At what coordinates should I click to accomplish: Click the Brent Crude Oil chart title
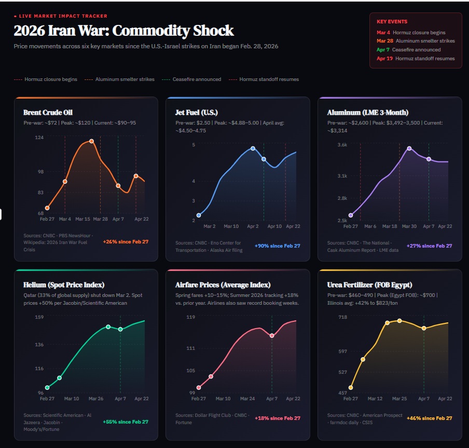tap(48, 112)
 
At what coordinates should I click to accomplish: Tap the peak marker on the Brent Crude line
tap(91, 141)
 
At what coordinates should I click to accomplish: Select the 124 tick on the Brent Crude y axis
tap(39, 137)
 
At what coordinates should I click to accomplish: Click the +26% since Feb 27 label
tap(126, 242)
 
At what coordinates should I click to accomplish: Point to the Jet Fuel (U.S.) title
tap(197, 112)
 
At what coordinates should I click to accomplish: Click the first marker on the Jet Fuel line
tap(199, 215)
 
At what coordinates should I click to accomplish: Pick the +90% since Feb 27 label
tap(278, 246)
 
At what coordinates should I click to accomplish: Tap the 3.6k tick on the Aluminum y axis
tap(342, 145)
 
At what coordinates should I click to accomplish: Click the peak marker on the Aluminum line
tap(409, 148)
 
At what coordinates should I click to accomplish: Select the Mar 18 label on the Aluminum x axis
tap(390, 226)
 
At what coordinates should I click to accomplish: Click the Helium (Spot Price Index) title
tap(64, 284)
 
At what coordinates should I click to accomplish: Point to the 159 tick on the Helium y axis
tap(39, 317)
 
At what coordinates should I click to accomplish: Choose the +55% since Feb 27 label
tap(126, 422)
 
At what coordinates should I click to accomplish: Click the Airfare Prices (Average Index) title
tap(223, 284)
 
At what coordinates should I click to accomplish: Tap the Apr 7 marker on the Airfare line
tap(272, 336)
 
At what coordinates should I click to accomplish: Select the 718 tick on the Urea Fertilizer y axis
tap(342, 317)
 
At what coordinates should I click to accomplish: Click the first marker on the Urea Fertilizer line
tap(351, 387)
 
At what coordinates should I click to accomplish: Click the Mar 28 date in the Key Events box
tap(384, 40)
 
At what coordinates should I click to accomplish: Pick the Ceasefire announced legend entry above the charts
tap(192, 79)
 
